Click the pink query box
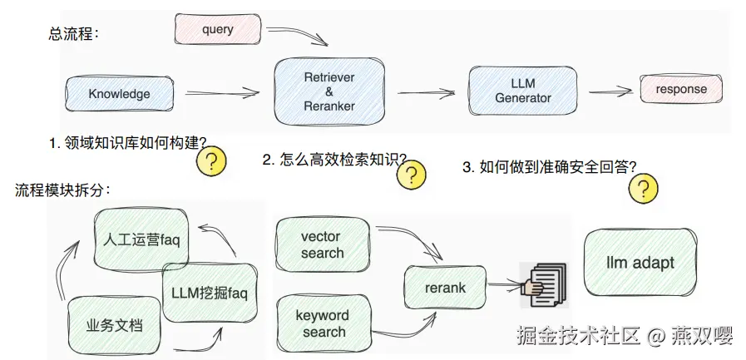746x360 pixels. pyautogui.click(x=218, y=29)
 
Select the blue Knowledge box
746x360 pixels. pyautogui.click(x=119, y=94)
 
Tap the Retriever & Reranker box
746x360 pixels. pyautogui.click(x=329, y=91)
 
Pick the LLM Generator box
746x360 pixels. pyautogui.click(x=523, y=91)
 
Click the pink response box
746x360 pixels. pyautogui.click(x=681, y=89)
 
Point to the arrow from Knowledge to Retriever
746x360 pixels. pyautogui.click(x=222, y=93)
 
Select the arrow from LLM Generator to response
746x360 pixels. pyautogui.click(x=611, y=91)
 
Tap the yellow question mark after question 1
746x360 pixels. pyautogui.click(x=211, y=161)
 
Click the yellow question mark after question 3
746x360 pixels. pyautogui.click(x=643, y=189)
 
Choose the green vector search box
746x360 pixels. pyautogui.click(x=323, y=244)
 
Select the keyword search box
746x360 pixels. pyautogui.click(x=324, y=323)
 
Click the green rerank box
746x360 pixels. pyautogui.click(x=445, y=287)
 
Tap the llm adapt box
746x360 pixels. pyautogui.click(x=640, y=263)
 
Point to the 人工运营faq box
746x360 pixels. pyautogui.click(x=141, y=239)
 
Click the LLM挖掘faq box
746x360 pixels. pyautogui.click(x=210, y=293)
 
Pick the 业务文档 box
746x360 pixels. pyautogui.click(x=114, y=326)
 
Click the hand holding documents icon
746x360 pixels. pyautogui.click(x=543, y=285)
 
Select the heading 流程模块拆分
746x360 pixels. pyautogui.click(x=62, y=190)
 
